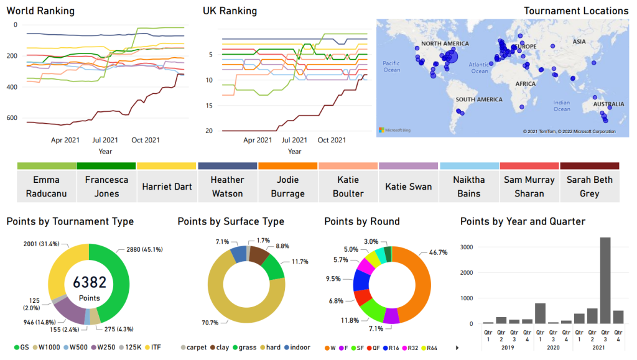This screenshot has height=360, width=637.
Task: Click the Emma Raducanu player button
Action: pos(47,186)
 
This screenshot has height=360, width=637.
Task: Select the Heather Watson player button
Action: pos(227,186)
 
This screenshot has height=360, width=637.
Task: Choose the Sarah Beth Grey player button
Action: pos(589,186)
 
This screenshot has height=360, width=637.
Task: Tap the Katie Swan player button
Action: pos(408,186)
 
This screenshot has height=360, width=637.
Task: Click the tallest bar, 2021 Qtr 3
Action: pos(604,280)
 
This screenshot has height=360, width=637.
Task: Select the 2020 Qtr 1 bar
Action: pos(540,314)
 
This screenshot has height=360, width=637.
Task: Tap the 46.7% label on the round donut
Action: pos(439,254)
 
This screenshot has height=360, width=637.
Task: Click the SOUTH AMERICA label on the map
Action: pos(478,99)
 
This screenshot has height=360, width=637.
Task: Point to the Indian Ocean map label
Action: pos(562,106)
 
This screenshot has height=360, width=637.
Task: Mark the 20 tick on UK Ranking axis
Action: pos(209,131)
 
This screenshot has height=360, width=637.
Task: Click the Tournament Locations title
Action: pos(576,11)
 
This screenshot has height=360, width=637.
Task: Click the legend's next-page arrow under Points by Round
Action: pos(458,347)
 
